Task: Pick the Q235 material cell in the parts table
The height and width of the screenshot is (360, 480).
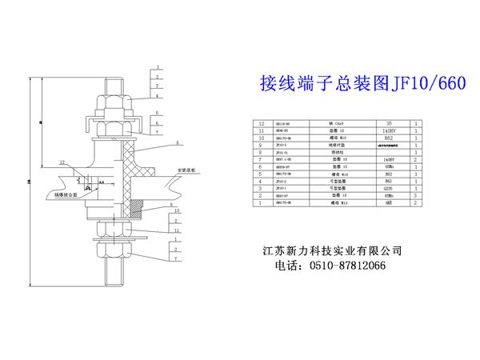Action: (x=390, y=189)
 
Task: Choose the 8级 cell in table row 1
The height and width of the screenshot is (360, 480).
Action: (x=390, y=204)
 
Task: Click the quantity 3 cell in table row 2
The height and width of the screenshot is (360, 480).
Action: (x=417, y=196)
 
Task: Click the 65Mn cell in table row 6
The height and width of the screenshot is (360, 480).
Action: (x=390, y=167)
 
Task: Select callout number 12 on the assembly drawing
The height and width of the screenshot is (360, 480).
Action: (x=61, y=162)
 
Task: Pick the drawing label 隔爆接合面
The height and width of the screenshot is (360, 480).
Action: (x=65, y=194)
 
